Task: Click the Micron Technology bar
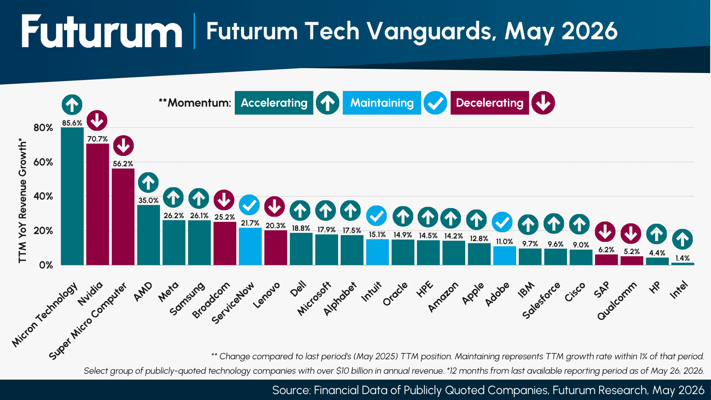pos(72,196)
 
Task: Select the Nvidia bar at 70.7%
pos(98,204)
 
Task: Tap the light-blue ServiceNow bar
pos(250,246)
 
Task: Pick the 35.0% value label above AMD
pos(148,200)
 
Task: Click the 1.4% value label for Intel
pos(682,258)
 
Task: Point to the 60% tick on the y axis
pos(43,162)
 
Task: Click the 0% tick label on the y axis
pos(46,265)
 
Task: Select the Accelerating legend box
pos(274,103)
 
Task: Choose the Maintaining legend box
pos(382,103)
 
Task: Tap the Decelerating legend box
pos(490,103)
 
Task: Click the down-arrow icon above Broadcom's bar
pos(224,200)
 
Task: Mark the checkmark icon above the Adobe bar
pos(502,222)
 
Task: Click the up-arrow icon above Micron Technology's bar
pos(72,105)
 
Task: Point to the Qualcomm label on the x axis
pos(617,301)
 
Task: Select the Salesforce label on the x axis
pos(541,300)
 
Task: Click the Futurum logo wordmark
pos(102,31)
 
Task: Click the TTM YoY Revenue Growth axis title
pos(23,201)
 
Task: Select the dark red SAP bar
pos(606,260)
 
